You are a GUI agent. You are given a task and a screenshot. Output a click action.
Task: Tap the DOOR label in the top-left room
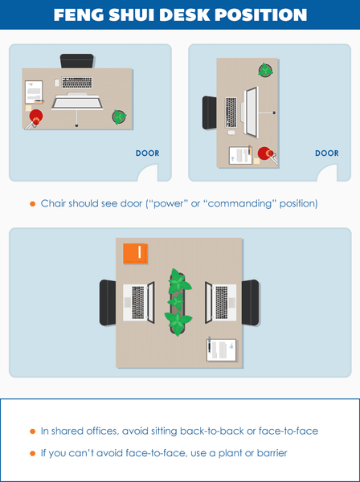click(x=147, y=153)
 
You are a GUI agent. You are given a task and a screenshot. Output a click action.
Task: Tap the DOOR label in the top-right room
click(x=326, y=153)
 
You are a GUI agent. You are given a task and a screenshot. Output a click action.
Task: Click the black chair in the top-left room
click(x=77, y=61)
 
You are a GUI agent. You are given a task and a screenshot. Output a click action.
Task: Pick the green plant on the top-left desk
click(x=120, y=117)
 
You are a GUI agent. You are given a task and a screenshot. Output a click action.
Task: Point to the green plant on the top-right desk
click(x=264, y=71)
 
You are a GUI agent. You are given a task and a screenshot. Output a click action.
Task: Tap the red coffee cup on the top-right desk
click(x=265, y=153)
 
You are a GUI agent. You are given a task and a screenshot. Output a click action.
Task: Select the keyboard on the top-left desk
click(x=76, y=83)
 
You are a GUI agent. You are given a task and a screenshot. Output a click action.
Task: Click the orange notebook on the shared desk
click(x=135, y=253)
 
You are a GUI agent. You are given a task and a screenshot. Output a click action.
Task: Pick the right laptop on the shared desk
click(x=221, y=302)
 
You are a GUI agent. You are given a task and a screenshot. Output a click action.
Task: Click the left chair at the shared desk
click(x=108, y=302)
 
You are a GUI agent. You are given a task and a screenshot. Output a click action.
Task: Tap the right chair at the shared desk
click(x=250, y=302)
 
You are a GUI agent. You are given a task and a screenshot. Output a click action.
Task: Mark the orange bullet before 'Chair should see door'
click(x=32, y=203)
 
